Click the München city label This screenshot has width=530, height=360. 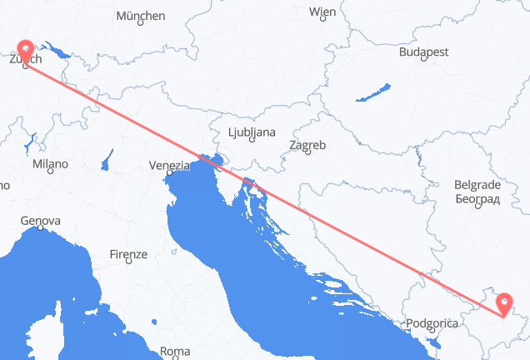coord(140,16)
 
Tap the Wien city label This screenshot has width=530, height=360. coord(322,12)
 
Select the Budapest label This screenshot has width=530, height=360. coord(423,52)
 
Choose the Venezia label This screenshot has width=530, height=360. coord(168,166)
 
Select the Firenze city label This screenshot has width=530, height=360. coord(128,254)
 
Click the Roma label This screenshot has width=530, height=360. coord(175,351)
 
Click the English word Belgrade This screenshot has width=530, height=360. coord(477,184)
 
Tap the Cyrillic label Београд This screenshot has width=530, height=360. coord(477,198)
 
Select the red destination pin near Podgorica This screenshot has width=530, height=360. coord(504,302)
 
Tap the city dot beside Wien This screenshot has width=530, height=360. coord(322,21)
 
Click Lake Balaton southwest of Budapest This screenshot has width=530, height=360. coord(375,91)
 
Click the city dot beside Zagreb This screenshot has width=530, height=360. coord(298,154)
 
